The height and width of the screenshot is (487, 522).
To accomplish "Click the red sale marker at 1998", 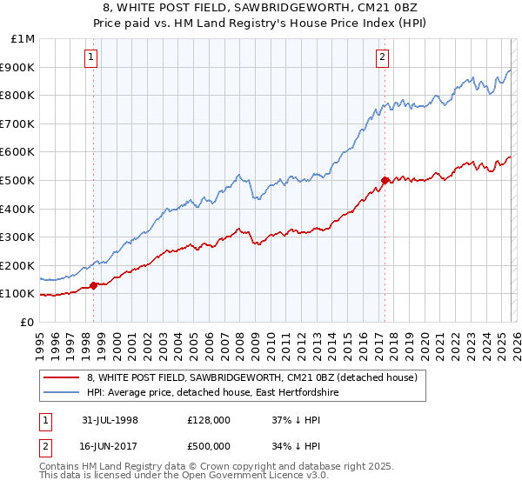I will click(x=94, y=285).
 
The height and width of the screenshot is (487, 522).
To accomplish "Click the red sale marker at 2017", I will click(x=384, y=180).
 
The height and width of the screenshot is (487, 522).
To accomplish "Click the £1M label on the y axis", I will click(x=23, y=39).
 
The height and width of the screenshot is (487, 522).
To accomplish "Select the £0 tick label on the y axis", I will click(x=28, y=322).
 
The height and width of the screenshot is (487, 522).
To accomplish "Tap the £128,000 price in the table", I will click(x=208, y=419).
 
